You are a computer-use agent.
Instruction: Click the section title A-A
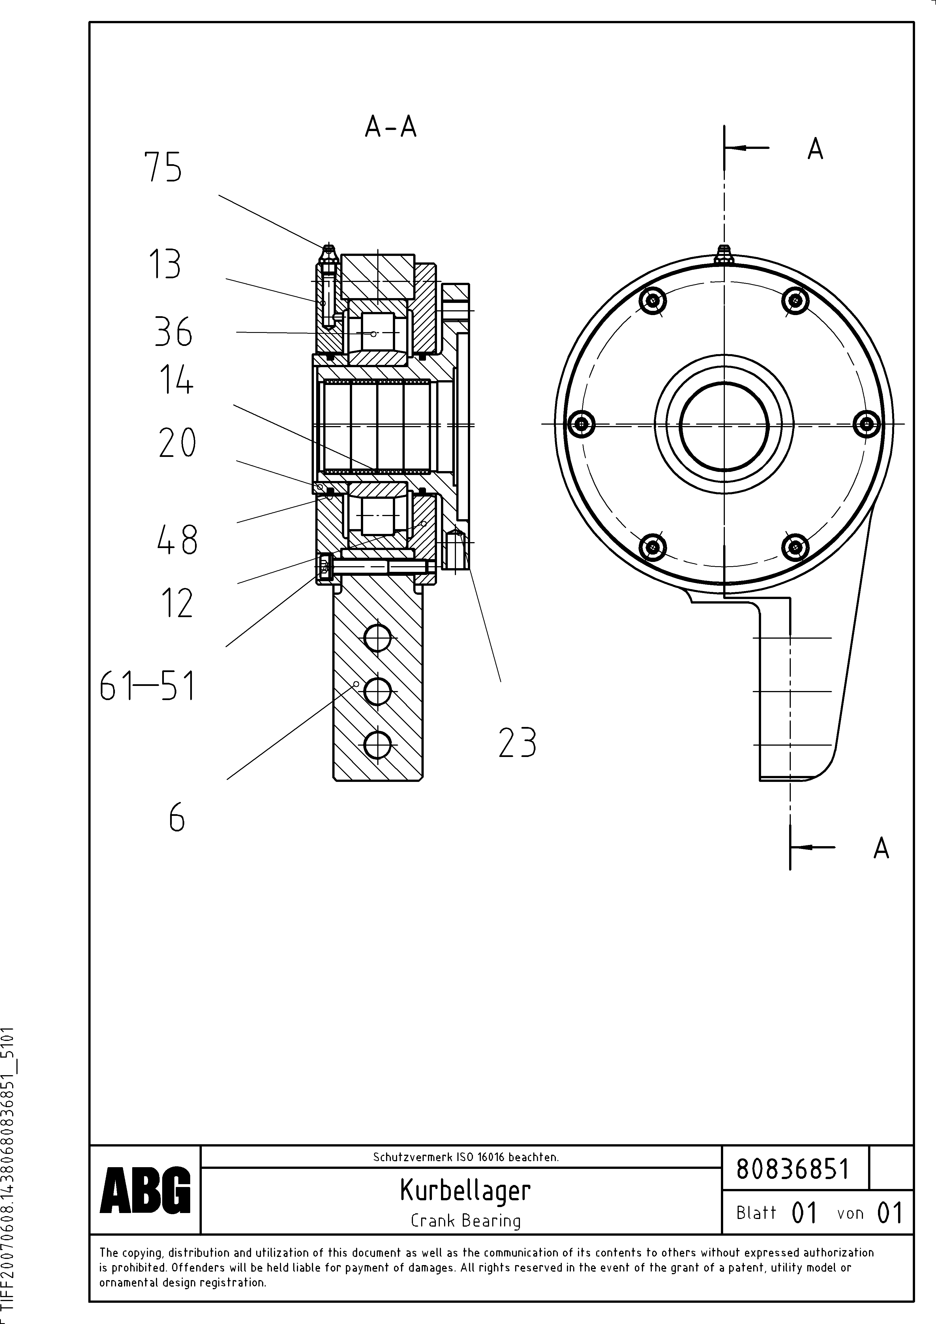390,127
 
